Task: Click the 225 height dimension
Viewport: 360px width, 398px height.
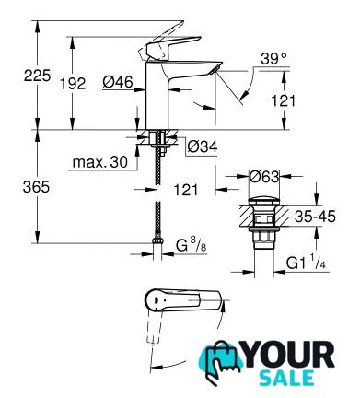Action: (37, 76)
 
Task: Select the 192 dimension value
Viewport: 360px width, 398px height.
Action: (73, 83)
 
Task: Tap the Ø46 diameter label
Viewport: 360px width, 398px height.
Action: (118, 82)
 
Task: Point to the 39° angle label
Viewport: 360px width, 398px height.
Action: (273, 58)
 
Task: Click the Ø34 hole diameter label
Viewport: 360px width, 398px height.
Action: (203, 146)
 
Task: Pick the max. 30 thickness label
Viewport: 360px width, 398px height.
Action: (100, 162)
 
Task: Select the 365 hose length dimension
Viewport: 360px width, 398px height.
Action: (36, 186)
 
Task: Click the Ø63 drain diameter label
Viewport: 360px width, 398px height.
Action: (264, 177)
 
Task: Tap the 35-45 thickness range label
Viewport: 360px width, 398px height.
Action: (315, 217)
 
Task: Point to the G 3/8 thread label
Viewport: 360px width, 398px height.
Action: (191, 245)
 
